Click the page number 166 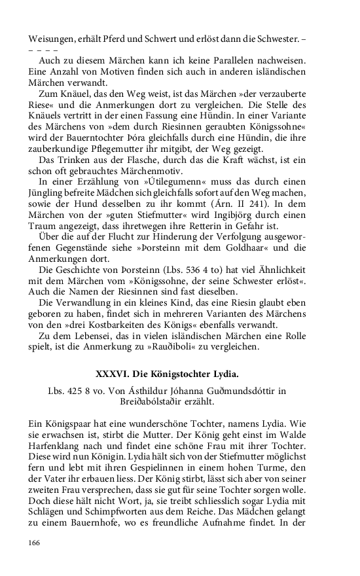34,543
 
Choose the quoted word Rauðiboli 196,346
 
